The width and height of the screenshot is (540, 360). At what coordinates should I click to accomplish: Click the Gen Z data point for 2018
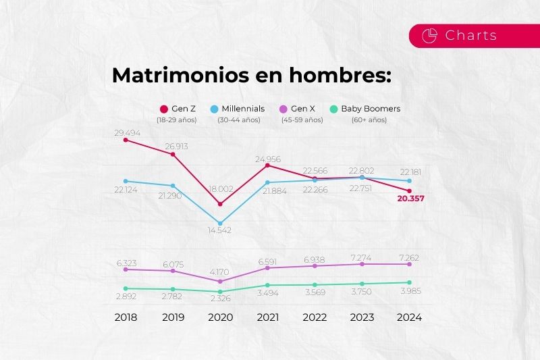[126, 140]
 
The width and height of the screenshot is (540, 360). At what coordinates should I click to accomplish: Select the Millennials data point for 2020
[220, 223]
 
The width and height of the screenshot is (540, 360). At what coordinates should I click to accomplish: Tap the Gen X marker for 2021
[267, 268]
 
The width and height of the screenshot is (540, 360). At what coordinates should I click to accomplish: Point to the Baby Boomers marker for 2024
[409, 282]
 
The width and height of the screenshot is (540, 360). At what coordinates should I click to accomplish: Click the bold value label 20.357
[409, 199]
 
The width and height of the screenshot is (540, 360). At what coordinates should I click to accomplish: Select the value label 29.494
[126, 132]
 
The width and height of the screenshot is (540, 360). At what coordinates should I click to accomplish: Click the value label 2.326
[220, 297]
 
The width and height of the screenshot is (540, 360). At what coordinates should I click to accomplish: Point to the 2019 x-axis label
[173, 317]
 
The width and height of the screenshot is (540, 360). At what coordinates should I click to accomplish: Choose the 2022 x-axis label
[315, 317]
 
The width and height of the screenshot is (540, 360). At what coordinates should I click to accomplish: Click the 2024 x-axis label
[409, 317]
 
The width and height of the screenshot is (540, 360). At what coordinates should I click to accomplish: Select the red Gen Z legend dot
[163, 109]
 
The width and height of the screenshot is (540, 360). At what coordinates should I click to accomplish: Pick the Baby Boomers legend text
[371, 108]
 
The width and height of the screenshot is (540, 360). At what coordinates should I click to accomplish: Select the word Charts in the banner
[471, 36]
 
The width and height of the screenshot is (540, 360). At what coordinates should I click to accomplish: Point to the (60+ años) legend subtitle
[369, 120]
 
